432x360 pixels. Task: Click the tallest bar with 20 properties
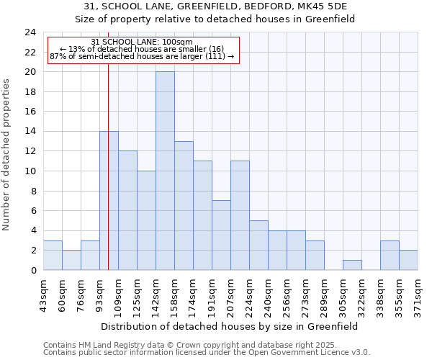(x=165, y=171)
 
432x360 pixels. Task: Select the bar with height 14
(x=109, y=201)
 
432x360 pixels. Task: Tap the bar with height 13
(x=184, y=206)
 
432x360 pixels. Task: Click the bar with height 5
(x=258, y=246)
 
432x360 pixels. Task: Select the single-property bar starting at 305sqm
(x=352, y=265)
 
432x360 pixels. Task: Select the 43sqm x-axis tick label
(x=43, y=294)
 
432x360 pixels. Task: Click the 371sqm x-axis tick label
(x=418, y=294)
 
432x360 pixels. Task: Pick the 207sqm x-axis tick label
(x=230, y=294)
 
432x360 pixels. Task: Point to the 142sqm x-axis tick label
(x=156, y=294)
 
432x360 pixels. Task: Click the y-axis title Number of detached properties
(x=7, y=155)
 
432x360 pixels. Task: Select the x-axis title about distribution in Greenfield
(x=230, y=326)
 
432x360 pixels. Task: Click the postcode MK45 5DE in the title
(x=323, y=7)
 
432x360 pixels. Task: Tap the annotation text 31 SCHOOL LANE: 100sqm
(x=142, y=42)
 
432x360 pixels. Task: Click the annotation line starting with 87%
(x=142, y=56)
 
